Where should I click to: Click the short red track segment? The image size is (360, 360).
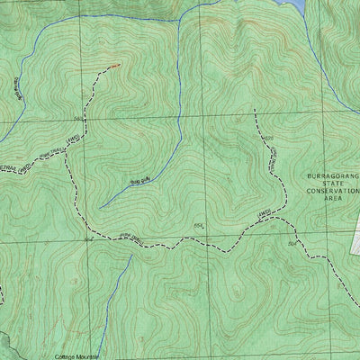[x=112, y=66]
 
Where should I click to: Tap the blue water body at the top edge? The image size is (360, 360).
[x=292, y=4]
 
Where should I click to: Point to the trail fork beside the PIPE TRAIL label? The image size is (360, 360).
[x=70, y=151]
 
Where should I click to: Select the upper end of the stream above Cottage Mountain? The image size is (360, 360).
[x=131, y=256]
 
